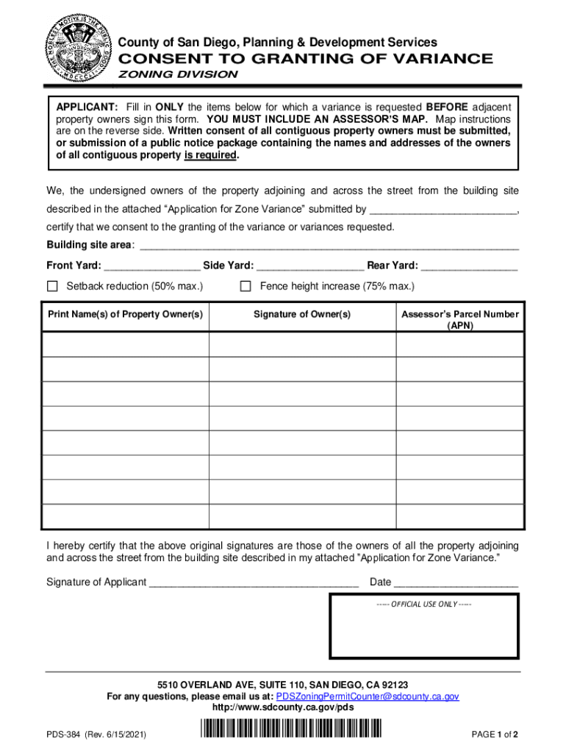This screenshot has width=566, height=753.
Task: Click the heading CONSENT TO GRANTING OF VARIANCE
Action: [306, 59]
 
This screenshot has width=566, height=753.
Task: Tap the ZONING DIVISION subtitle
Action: [179, 74]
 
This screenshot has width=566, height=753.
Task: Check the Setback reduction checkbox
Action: [52, 285]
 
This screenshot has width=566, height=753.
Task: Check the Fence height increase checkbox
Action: [246, 285]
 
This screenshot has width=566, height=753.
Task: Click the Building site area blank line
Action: [329, 246]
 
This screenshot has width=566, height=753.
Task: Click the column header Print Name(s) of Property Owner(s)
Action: [125, 315]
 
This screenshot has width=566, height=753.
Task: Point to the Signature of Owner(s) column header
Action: [302, 315]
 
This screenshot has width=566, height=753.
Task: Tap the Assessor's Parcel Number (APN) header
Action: [459, 319]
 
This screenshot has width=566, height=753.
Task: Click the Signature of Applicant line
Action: [254, 583]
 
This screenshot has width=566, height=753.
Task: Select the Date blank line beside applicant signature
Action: [456, 583]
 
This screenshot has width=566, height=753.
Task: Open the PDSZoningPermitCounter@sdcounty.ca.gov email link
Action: [367, 696]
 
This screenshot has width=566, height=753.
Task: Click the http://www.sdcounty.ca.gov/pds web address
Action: [283, 707]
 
